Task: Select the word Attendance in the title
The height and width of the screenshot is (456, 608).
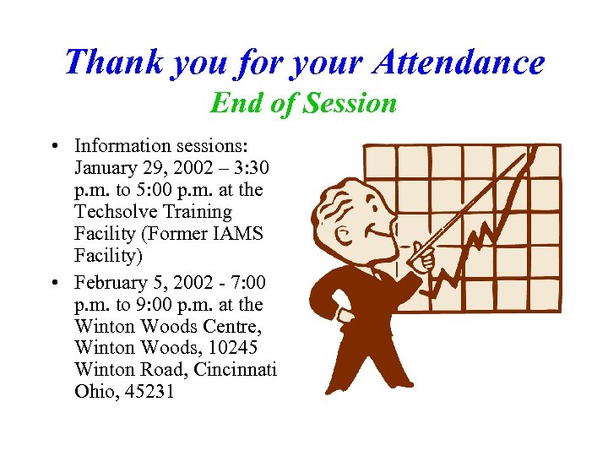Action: pyautogui.click(x=460, y=62)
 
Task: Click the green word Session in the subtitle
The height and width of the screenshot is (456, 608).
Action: pyautogui.click(x=350, y=103)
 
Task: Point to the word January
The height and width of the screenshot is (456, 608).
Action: pyautogui.click(x=106, y=167)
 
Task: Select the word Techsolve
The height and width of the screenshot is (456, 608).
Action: pyautogui.click(x=118, y=211)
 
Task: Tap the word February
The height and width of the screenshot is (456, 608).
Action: pyautogui.click(x=109, y=282)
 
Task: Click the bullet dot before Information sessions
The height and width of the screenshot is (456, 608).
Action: pyautogui.click(x=54, y=146)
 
